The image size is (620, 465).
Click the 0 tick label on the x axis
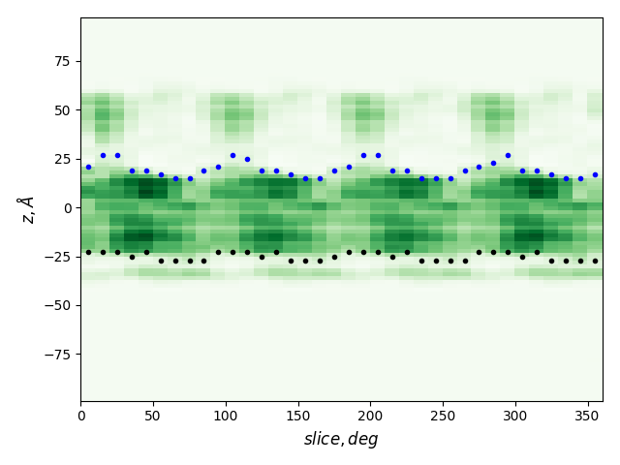click(80, 416)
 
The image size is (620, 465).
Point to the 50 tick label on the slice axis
click(153, 416)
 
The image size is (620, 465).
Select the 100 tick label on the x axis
click(226, 416)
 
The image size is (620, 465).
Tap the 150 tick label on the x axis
click(298, 416)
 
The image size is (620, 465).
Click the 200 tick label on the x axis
click(370, 416)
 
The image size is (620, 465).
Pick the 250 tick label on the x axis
click(443, 416)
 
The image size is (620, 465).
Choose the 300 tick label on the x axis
click(515, 416)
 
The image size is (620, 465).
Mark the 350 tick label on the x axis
click(588, 416)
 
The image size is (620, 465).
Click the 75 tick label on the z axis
click(60, 61)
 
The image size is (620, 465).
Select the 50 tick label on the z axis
click(60, 110)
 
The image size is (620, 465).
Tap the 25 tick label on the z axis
click(60, 159)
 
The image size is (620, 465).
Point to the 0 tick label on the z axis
click(68, 207)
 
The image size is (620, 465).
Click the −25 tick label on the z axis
click(56, 257)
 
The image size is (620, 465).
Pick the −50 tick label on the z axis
click(56, 305)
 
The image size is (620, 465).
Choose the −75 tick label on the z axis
click(56, 354)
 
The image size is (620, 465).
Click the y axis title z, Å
click(27, 208)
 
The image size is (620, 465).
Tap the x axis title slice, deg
click(341, 439)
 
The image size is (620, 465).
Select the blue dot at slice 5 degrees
click(88, 167)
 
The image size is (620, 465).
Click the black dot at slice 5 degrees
click(88, 252)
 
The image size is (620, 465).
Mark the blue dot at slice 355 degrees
click(595, 174)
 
